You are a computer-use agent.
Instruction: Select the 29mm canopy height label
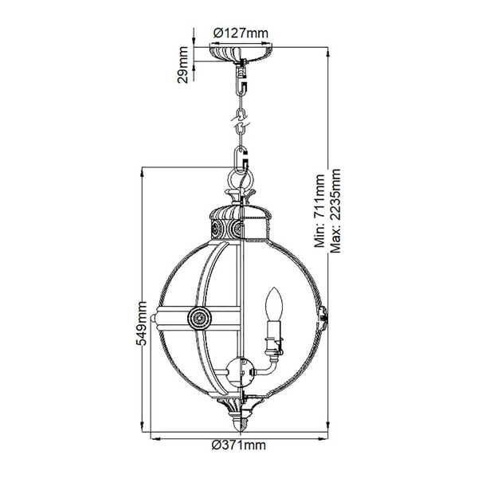click(184, 65)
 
